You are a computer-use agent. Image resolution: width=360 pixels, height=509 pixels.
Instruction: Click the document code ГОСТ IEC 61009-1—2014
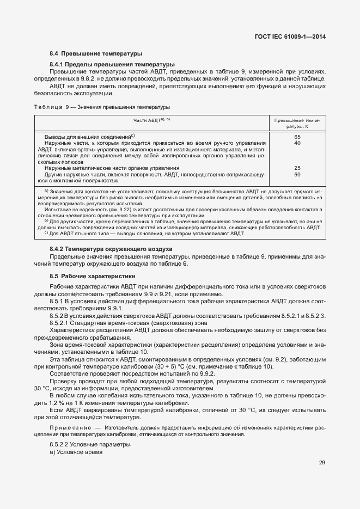[x=294, y=37]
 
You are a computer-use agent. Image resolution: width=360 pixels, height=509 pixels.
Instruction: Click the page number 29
[x=322, y=463]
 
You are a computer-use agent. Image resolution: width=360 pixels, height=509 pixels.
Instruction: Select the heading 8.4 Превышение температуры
[x=96, y=54]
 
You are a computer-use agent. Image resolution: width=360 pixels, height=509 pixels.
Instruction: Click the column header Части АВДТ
[x=152, y=120]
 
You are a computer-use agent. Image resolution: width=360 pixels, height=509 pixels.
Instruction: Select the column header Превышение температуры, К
[x=297, y=122]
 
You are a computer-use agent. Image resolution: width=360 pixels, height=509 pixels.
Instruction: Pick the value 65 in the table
[x=297, y=137]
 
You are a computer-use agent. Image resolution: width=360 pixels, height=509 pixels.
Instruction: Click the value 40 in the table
[x=297, y=143]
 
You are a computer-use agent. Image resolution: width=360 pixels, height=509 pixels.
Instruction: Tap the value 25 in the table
[x=297, y=168]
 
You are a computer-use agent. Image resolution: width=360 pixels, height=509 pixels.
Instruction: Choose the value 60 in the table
[x=297, y=175]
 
